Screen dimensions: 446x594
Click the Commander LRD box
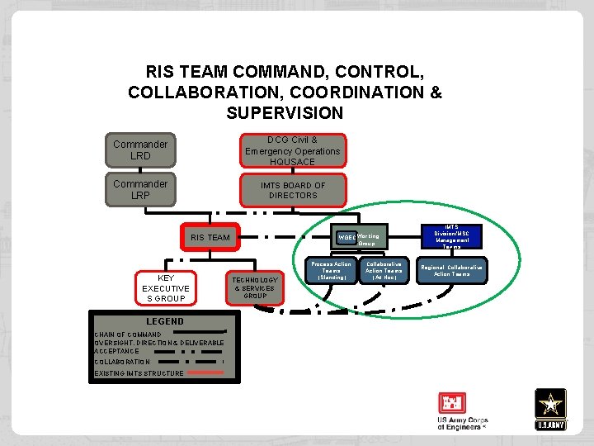(140, 149)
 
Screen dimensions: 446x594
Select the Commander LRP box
(140, 189)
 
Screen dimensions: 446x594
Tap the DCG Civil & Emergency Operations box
(292, 150)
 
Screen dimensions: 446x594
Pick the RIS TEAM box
(210, 237)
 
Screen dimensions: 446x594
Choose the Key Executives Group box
(166, 287)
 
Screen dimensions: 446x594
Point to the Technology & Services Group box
(255, 287)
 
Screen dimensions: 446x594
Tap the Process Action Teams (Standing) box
(331, 271)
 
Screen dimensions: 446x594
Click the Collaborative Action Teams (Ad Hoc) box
(384, 271)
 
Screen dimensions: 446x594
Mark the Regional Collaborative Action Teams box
(451, 271)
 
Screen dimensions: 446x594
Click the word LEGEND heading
(165, 321)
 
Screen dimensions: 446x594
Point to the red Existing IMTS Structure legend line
(205, 372)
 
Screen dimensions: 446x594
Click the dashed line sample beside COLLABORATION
(190, 361)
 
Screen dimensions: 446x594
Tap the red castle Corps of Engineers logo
(453, 404)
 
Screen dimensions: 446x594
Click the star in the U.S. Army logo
(550, 404)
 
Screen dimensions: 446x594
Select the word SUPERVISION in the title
(284, 112)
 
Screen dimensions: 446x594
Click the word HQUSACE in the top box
(292, 162)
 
